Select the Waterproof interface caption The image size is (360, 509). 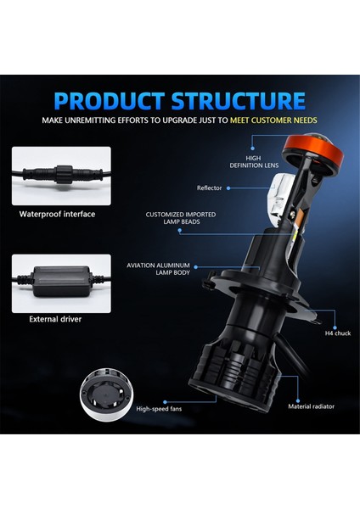tap(58, 214)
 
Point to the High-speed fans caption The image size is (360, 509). tap(159, 408)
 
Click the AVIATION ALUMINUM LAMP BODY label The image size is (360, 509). tap(159, 269)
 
